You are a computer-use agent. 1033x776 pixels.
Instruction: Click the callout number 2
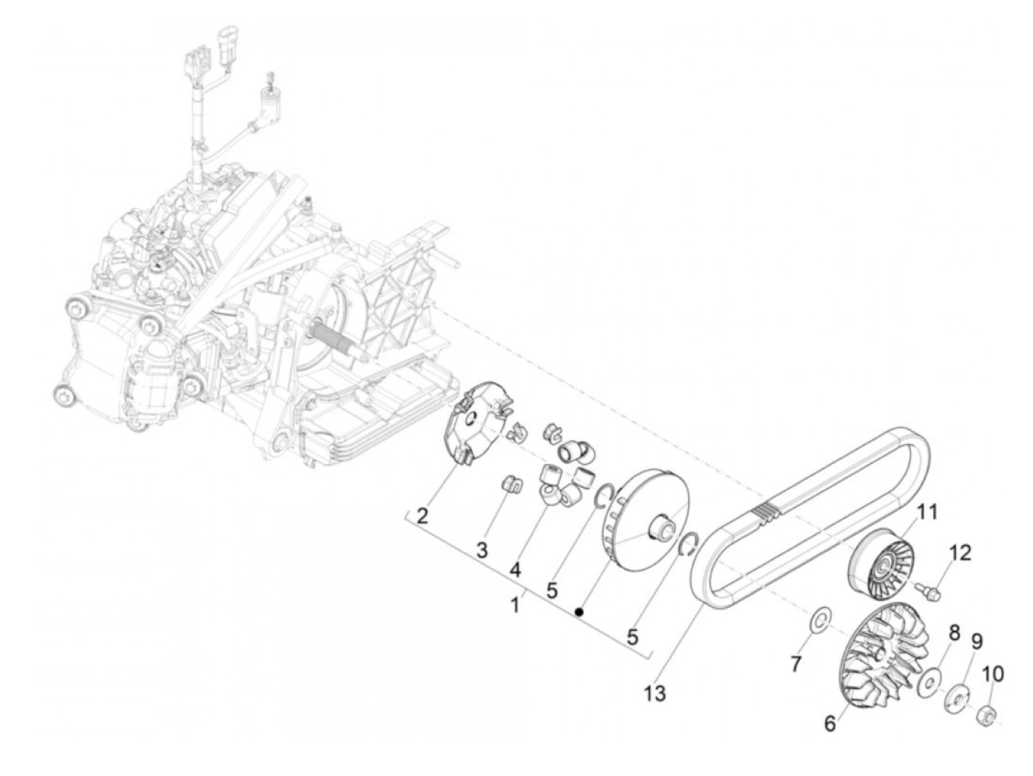click(x=422, y=516)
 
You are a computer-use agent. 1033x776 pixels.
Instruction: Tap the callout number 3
click(x=481, y=550)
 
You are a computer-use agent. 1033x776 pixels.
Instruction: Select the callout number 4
click(x=514, y=570)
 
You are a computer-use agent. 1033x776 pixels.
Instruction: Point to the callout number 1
click(x=515, y=605)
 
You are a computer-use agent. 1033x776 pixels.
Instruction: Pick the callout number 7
click(x=795, y=664)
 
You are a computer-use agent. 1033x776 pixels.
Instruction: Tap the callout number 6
click(x=830, y=724)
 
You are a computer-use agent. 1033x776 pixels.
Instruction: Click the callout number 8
click(x=954, y=632)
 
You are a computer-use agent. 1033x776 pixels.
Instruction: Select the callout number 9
click(x=976, y=642)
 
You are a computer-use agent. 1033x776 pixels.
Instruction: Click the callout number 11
click(x=927, y=510)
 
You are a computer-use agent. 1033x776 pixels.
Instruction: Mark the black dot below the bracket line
click(x=581, y=612)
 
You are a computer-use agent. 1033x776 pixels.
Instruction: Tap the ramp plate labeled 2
click(x=474, y=428)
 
